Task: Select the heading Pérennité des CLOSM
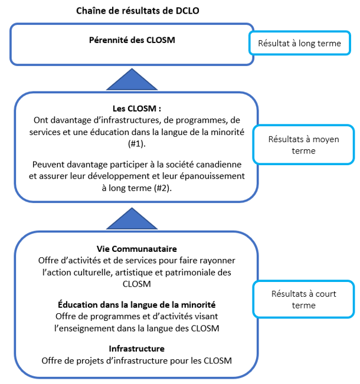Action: (132, 40)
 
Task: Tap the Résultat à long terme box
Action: (303, 44)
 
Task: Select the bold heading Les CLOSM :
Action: (136, 109)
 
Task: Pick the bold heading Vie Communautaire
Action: (136, 249)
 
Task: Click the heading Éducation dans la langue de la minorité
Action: (136, 304)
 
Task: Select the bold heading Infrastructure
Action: (136, 348)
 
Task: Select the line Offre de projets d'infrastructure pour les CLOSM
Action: (136, 360)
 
